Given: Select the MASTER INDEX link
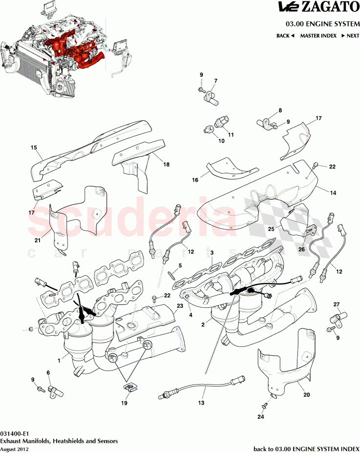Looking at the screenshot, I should (318, 36).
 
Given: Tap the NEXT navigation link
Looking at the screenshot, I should (350, 36).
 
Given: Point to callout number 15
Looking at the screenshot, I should (34, 148).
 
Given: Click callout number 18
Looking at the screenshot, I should (167, 165).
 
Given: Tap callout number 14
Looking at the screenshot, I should (333, 193).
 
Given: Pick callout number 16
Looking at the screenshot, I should (195, 180).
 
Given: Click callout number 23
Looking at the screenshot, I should (179, 306).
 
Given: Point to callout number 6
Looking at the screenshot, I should (48, 373).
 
